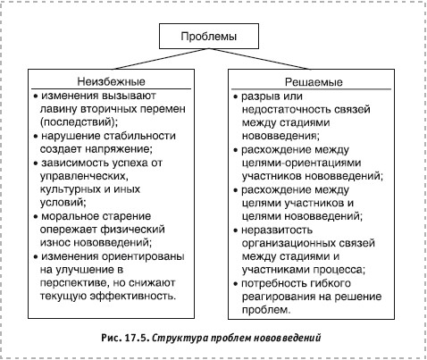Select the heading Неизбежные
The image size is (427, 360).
[111, 81]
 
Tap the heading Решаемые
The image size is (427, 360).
[314, 82]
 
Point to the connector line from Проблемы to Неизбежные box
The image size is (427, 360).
[159, 59]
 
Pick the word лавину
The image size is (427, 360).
[58, 109]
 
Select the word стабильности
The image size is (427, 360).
[139, 136]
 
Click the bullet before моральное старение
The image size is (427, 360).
[36, 216]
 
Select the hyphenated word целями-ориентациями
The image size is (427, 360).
[301, 163]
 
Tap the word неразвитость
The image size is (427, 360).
[277, 230]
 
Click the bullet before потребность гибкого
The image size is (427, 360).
[236, 284]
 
